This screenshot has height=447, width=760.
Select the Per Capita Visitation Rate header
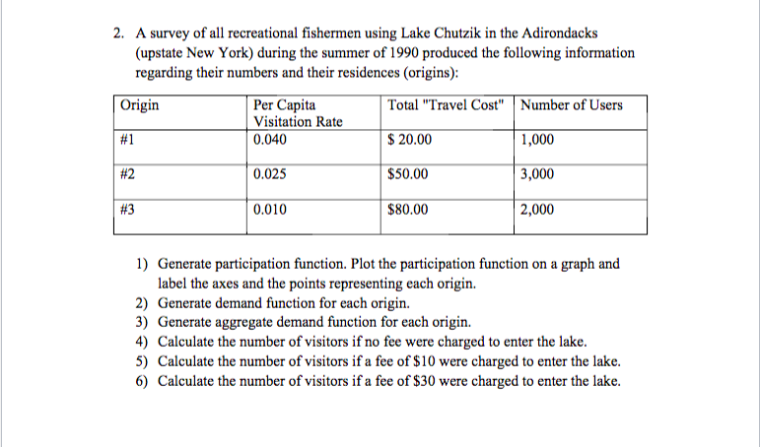(297, 113)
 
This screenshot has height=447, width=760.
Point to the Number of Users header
(572, 104)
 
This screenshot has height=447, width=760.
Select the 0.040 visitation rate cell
(270, 140)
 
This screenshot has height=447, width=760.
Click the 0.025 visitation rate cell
(270, 174)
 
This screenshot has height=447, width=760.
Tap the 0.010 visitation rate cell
(270, 209)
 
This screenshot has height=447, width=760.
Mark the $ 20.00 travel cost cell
(410, 140)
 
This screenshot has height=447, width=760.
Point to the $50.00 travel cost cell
(408, 174)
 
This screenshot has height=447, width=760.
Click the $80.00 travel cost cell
(408, 209)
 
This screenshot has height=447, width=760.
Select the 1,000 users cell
(537, 140)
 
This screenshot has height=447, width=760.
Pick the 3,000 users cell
(537, 174)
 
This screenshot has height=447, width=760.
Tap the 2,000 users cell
(537, 209)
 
